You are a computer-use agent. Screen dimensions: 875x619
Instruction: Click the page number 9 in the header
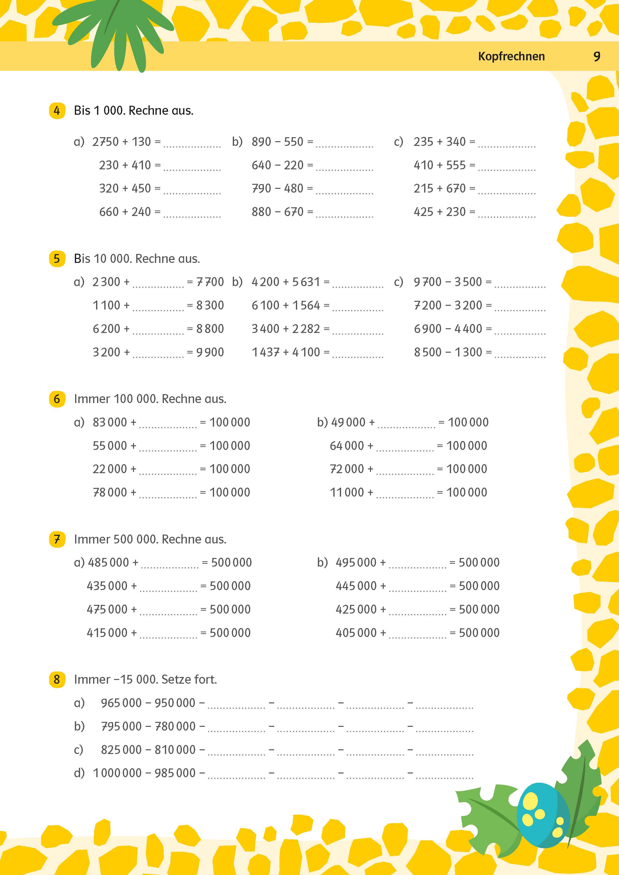pyautogui.click(x=597, y=56)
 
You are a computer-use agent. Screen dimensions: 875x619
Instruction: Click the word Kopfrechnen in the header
pyautogui.click(x=511, y=56)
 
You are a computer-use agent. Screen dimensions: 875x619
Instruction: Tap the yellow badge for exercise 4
pyautogui.click(x=57, y=110)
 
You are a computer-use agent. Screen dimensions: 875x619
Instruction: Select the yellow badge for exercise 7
pyautogui.click(x=57, y=539)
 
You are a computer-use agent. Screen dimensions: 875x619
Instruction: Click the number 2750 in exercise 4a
pyautogui.click(x=106, y=142)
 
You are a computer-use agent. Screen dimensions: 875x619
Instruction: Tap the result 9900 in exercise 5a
pyautogui.click(x=210, y=352)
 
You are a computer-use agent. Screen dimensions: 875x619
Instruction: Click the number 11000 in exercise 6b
pyautogui.click(x=347, y=492)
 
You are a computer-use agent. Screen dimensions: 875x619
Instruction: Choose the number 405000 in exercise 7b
pyautogui.click(x=356, y=633)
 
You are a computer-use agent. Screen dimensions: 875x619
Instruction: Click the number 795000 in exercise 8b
pyautogui.click(x=121, y=726)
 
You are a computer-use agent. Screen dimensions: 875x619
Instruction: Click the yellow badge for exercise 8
pyautogui.click(x=57, y=679)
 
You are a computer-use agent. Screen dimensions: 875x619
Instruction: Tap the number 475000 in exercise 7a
pyautogui.click(x=107, y=609)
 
